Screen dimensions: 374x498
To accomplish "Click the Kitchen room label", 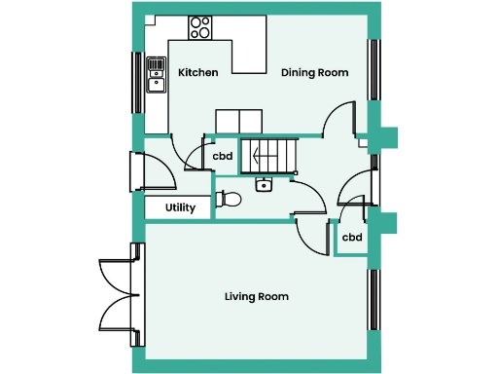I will [x=197, y=73].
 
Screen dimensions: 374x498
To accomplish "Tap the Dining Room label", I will [x=314, y=73].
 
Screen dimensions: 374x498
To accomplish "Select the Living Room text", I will [x=256, y=296].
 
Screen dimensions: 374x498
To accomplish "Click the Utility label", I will [x=180, y=207].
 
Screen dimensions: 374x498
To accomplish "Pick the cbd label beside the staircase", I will [x=223, y=156].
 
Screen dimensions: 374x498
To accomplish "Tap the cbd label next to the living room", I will [x=352, y=237].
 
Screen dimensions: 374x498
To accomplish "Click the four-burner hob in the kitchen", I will [x=201, y=27].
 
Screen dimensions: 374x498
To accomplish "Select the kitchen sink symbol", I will [x=156, y=74].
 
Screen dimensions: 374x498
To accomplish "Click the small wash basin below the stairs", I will [x=263, y=184].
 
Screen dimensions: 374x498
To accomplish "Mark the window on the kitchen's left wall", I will [x=137, y=81].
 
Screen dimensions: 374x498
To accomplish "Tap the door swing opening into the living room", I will [x=311, y=234].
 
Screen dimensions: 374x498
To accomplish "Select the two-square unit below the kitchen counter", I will [x=238, y=121].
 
